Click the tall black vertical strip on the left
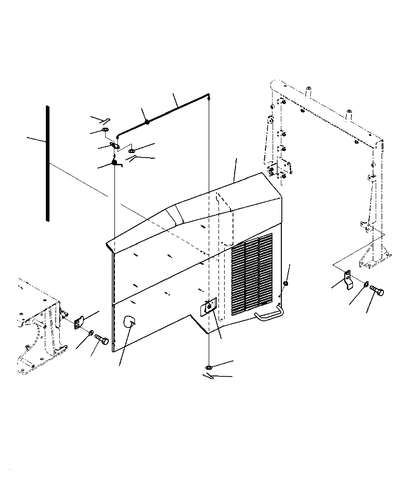(47, 164)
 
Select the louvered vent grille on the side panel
(252, 276)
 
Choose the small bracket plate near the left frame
(79, 323)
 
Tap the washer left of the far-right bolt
(365, 284)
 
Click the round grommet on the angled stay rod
(147, 123)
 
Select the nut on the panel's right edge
(286, 284)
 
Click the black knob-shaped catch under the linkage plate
(115, 164)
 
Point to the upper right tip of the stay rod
(208, 95)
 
